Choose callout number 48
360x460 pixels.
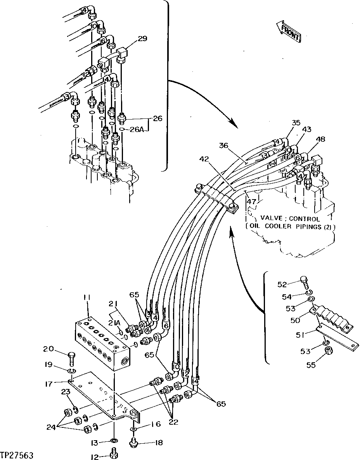[320, 139]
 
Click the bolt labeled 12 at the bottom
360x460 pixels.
[114, 454]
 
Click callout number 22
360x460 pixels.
[173, 422]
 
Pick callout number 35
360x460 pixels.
[296, 123]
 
